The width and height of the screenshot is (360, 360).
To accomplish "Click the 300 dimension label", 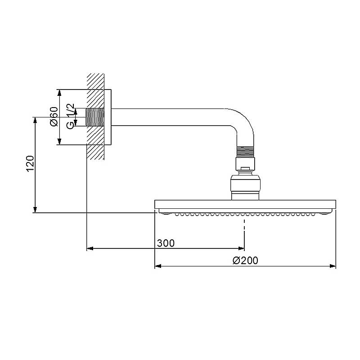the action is [166, 243].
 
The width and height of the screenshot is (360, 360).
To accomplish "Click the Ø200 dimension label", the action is [245, 261].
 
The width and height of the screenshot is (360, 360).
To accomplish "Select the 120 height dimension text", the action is [30, 164].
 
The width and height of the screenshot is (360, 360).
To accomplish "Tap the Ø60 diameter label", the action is [54, 117].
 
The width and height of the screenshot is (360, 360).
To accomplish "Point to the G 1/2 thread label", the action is [70, 116].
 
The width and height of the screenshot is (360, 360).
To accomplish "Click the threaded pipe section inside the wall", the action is [95, 117].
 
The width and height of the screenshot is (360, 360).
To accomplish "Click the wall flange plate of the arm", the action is [108, 117].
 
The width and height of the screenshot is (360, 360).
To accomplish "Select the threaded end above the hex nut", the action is [245, 152].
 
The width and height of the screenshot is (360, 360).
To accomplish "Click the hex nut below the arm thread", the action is [245, 164].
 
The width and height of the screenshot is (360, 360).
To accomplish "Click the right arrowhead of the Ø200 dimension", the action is [333, 266].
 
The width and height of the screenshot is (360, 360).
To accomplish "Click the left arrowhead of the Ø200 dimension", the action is [158, 266].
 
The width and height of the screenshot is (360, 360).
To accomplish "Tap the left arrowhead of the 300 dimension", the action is [90, 248].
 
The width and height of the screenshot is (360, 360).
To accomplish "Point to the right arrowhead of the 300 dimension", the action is [241, 248].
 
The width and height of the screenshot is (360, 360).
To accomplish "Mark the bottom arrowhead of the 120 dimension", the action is [35, 210].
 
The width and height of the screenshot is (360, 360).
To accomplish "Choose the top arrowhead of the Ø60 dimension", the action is [59, 93].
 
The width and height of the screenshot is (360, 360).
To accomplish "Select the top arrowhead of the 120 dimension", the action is [35, 120].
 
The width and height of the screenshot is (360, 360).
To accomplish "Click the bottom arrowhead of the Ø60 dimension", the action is [59, 142].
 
